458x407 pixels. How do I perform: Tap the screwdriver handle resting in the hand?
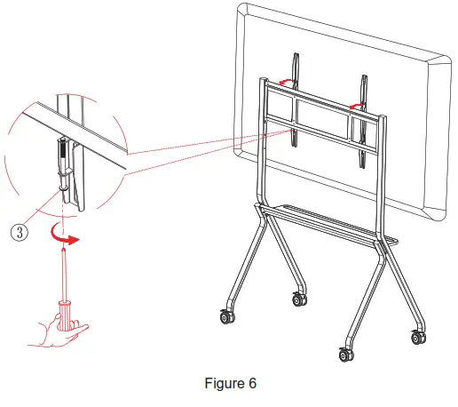[64, 313]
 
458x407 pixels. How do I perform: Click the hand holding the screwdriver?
[54, 329]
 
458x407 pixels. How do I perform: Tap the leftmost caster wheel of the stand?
[223, 316]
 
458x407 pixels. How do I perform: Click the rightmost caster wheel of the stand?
[417, 337]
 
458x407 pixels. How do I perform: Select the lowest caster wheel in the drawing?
[346, 354]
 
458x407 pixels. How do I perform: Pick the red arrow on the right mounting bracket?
[357, 105]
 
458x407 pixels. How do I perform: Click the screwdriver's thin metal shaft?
[63, 275]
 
